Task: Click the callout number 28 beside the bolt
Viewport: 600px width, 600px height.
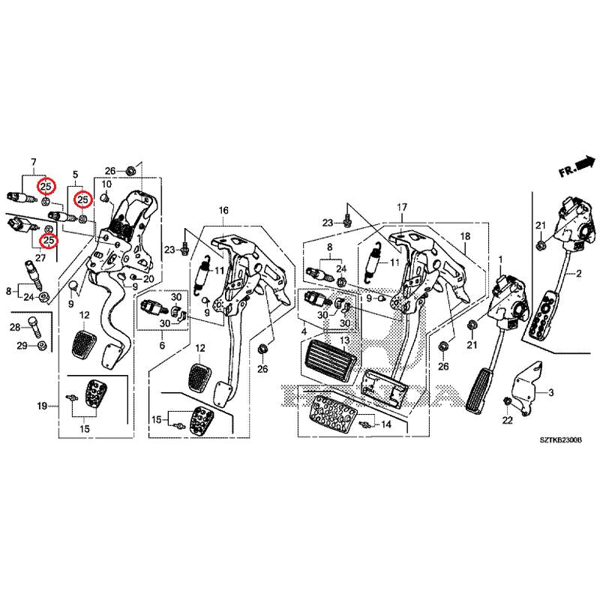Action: (x=14, y=328)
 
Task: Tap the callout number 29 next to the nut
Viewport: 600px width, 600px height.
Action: (x=22, y=345)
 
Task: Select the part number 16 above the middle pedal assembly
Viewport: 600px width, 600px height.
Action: (x=223, y=212)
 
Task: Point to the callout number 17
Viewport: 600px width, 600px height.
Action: (x=402, y=207)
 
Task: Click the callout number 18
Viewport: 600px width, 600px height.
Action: (x=464, y=236)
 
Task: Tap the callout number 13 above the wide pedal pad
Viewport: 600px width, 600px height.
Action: (x=344, y=340)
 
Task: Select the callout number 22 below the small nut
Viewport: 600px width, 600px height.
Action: (x=506, y=421)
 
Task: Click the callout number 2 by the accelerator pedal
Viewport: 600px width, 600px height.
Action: (x=578, y=276)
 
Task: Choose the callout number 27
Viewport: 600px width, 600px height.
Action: (x=40, y=257)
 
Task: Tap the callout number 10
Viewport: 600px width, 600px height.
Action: (x=106, y=184)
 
